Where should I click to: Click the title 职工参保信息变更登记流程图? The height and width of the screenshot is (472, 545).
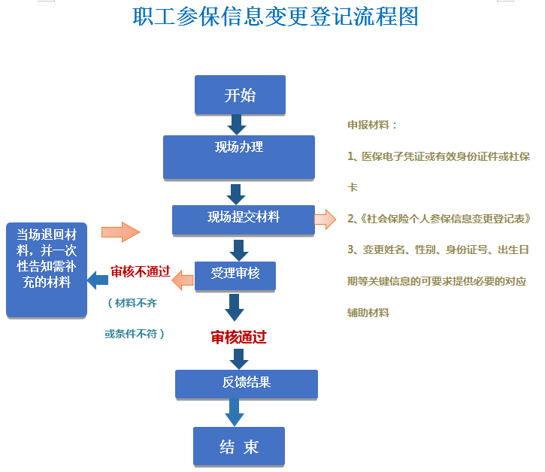click(x=275, y=17)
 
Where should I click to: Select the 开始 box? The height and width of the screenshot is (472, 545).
click(x=240, y=95)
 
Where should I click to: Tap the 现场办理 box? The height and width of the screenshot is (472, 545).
click(x=239, y=157)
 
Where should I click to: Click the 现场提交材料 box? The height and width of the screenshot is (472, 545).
click(x=244, y=220)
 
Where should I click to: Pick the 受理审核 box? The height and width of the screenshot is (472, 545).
click(x=235, y=276)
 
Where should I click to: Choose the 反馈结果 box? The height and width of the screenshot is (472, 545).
click(x=247, y=384)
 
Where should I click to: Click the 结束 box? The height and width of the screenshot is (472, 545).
click(x=239, y=446)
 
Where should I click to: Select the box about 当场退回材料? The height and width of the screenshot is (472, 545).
click(x=47, y=270)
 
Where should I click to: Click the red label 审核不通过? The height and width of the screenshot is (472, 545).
click(x=141, y=271)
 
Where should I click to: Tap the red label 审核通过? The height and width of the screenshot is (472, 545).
click(x=238, y=337)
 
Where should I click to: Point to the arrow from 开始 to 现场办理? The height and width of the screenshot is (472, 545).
click(x=237, y=125)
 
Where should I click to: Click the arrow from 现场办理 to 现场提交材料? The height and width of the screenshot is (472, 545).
click(x=236, y=195)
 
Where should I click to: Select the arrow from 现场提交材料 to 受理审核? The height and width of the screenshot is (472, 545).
click(x=239, y=250)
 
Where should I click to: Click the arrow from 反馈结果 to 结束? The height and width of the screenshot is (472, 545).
click(x=235, y=412)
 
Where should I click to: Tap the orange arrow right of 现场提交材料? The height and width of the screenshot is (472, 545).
click(x=325, y=219)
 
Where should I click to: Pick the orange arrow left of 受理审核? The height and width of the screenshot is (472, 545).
click(x=183, y=280)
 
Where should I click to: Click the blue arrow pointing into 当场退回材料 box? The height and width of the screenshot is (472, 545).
click(x=98, y=280)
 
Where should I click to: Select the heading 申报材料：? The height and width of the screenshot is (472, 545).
click(x=372, y=125)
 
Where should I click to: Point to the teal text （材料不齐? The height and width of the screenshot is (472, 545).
click(x=132, y=303)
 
